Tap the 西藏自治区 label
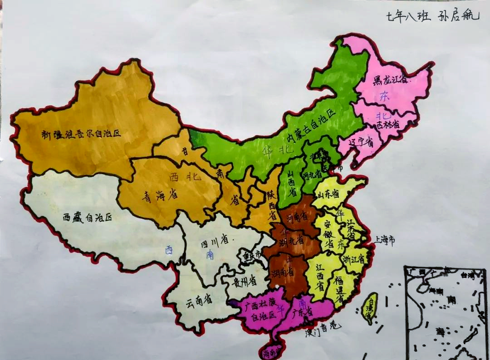pos(87,217)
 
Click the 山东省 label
pos(328,194)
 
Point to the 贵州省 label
pos(245,282)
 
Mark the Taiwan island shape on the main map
pos(370,308)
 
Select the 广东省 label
pos(303,312)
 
